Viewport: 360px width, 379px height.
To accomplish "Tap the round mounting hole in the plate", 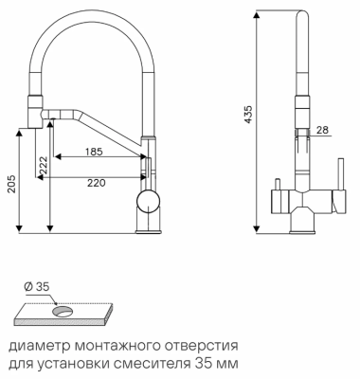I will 62,310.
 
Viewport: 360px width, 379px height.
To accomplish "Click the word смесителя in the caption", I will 158,363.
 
